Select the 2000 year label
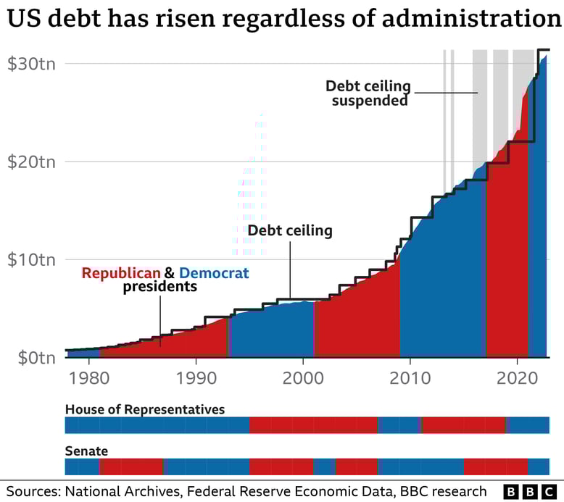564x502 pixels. coord(302,378)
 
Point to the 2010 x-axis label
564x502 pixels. coord(410,378)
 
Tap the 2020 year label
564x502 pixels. coord(517,378)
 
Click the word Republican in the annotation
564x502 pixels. coord(120,273)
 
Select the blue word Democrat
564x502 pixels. coord(214,273)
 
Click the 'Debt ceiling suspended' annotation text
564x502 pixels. coord(369,93)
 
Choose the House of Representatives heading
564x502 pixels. coord(145,409)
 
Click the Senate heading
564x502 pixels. coord(86,451)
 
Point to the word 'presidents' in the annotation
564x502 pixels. coord(159,287)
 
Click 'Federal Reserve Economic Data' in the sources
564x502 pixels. coord(290,491)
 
